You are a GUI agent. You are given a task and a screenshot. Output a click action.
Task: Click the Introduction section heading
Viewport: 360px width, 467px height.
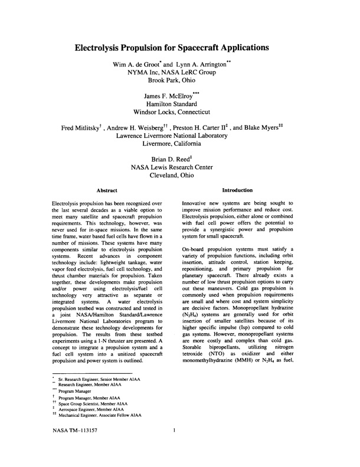(x=237, y=190)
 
